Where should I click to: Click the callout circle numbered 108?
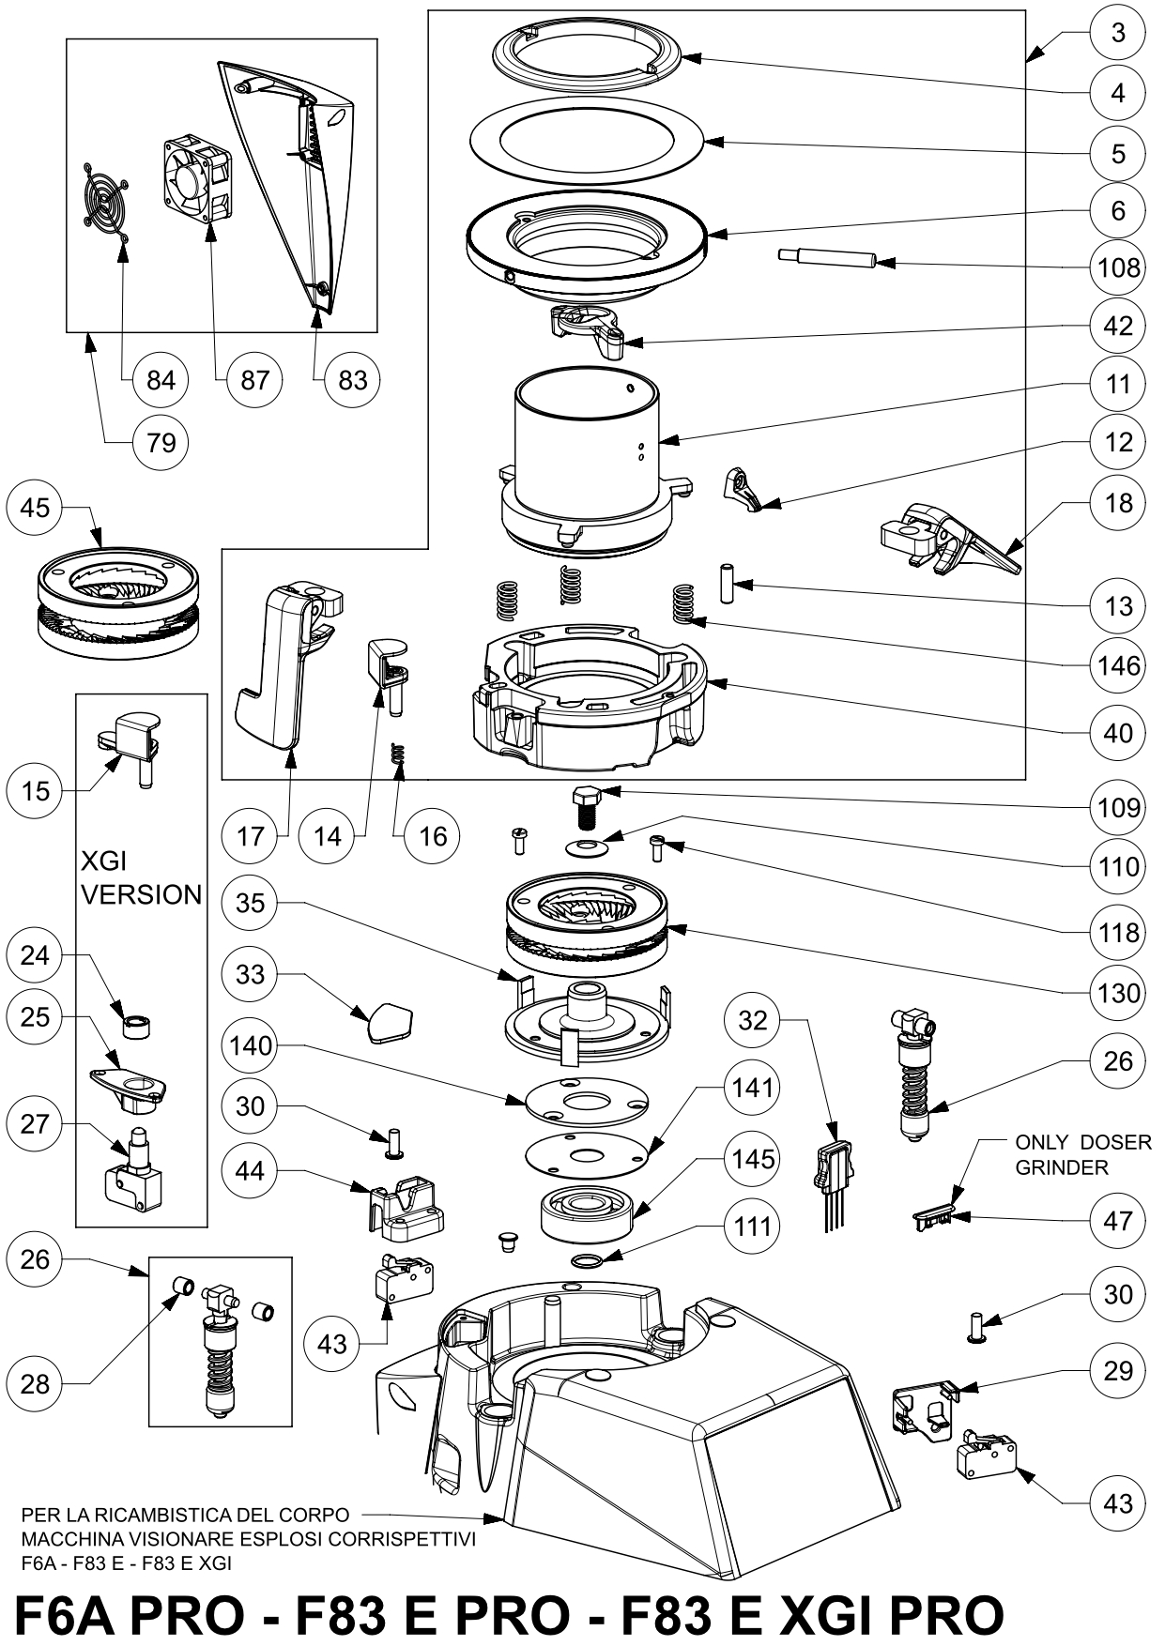click(1118, 267)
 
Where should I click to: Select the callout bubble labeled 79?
click(161, 440)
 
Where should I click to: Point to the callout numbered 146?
click(1118, 665)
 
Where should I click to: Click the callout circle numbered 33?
click(251, 974)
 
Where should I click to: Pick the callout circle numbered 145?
click(753, 1159)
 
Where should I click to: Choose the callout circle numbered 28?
click(35, 1383)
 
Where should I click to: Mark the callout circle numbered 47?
click(1118, 1221)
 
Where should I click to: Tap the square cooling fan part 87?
click(198, 178)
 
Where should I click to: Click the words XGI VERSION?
click(141, 877)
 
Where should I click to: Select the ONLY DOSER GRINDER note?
click(1082, 1155)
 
